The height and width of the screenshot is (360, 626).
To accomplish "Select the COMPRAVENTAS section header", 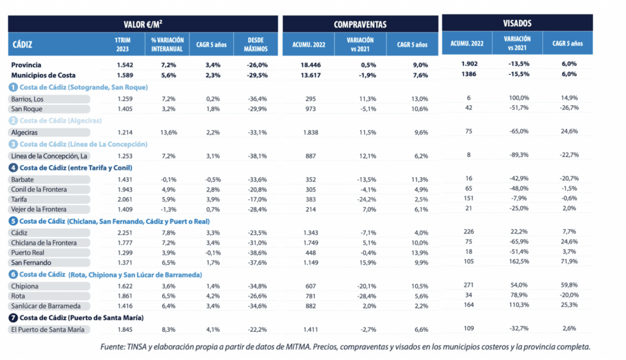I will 360,24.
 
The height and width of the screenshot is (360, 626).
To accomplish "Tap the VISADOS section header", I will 517,23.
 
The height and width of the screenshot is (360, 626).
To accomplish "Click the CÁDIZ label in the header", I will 23,45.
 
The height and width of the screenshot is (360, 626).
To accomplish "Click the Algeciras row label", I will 25,131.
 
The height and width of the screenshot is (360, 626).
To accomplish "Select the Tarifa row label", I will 19,200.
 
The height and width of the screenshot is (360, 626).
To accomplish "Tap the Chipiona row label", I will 23,286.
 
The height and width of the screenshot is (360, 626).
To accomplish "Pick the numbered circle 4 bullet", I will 12,167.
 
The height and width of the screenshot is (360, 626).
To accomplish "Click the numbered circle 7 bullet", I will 12,318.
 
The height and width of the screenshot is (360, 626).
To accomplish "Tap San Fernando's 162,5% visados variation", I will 517,261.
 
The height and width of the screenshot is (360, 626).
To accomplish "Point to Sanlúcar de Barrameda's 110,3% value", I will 517,305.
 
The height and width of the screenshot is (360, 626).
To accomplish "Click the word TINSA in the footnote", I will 136,347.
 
